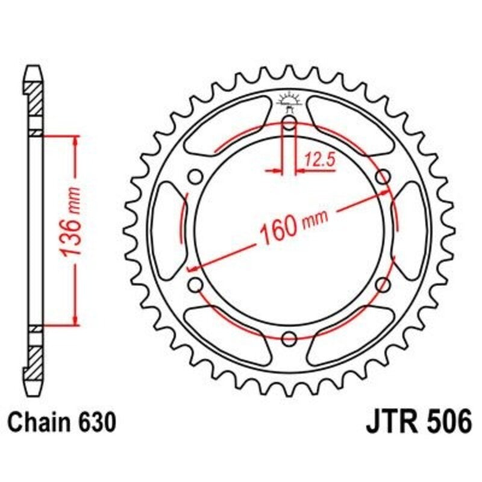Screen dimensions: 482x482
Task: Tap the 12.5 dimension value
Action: coord(319,160)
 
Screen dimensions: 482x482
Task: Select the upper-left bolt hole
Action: coord(195,177)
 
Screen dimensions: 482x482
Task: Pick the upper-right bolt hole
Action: coord(383,177)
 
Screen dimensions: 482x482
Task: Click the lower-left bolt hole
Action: coord(195,284)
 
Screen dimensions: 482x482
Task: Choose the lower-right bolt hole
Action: coord(383,284)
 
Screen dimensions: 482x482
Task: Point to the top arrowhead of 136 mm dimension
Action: coord(75,141)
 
